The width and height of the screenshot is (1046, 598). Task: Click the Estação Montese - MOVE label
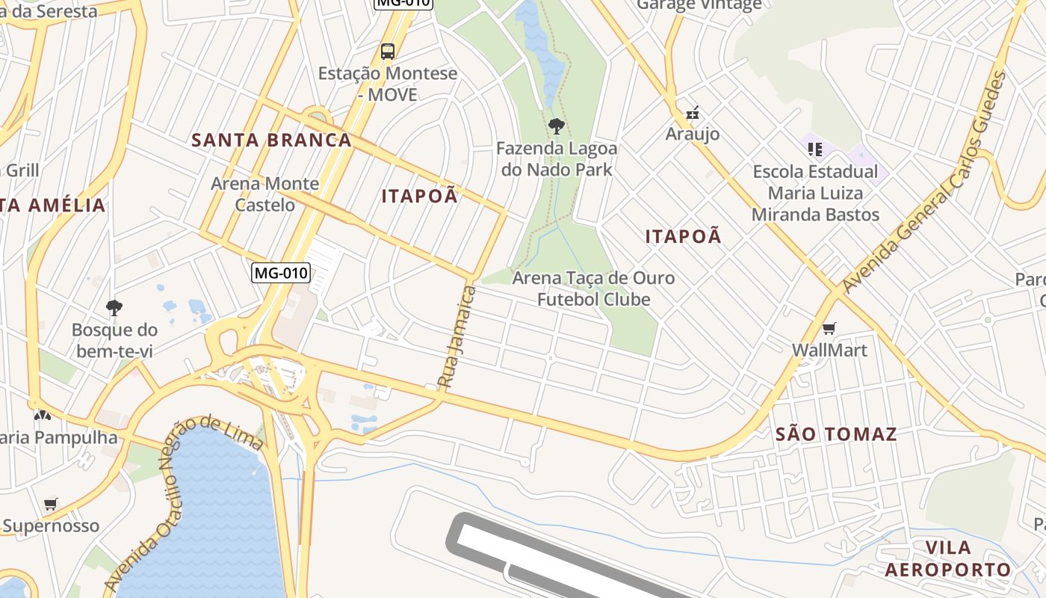(x=387, y=84)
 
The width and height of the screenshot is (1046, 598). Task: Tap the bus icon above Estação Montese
(x=387, y=51)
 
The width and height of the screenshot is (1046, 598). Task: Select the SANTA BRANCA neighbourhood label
(x=271, y=140)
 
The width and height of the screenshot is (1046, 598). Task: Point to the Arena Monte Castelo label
(x=264, y=194)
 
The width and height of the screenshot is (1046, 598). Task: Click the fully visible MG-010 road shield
(x=280, y=273)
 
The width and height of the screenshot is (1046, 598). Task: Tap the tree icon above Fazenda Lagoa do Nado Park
(x=556, y=125)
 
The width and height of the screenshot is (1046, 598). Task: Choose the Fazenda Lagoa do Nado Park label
(x=556, y=158)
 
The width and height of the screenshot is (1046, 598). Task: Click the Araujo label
(x=693, y=134)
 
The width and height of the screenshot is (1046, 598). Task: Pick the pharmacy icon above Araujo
(x=693, y=113)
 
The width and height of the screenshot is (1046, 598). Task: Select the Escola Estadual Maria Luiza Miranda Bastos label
(x=815, y=193)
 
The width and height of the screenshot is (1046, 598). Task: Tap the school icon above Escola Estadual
(x=814, y=149)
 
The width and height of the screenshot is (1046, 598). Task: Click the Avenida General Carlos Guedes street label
(x=925, y=182)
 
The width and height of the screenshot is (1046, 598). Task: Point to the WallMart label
(x=829, y=350)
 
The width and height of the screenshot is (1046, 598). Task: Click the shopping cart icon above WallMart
(x=829, y=328)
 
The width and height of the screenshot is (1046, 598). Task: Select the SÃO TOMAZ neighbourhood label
(x=836, y=434)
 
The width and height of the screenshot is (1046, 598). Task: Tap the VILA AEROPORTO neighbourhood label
(x=947, y=558)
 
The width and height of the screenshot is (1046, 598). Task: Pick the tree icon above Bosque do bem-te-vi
(x=114, y=307)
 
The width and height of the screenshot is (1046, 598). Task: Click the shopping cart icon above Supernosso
(x=50, y=504)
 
